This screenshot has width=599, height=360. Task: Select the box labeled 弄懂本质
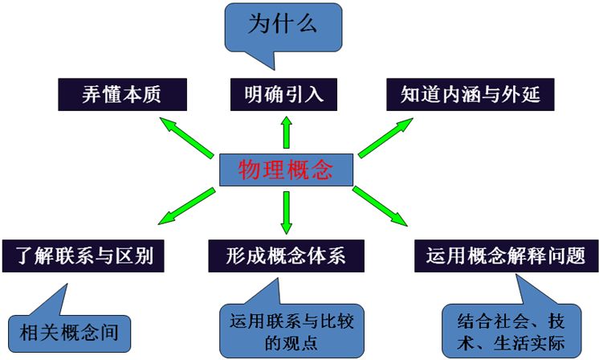point(122,95)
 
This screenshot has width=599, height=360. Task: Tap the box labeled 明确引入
point(283,95)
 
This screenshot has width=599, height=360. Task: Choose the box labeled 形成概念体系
point(286,256)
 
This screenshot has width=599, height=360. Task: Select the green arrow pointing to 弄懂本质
point(186,133)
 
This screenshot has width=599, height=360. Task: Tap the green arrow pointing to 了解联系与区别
point(186,205)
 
